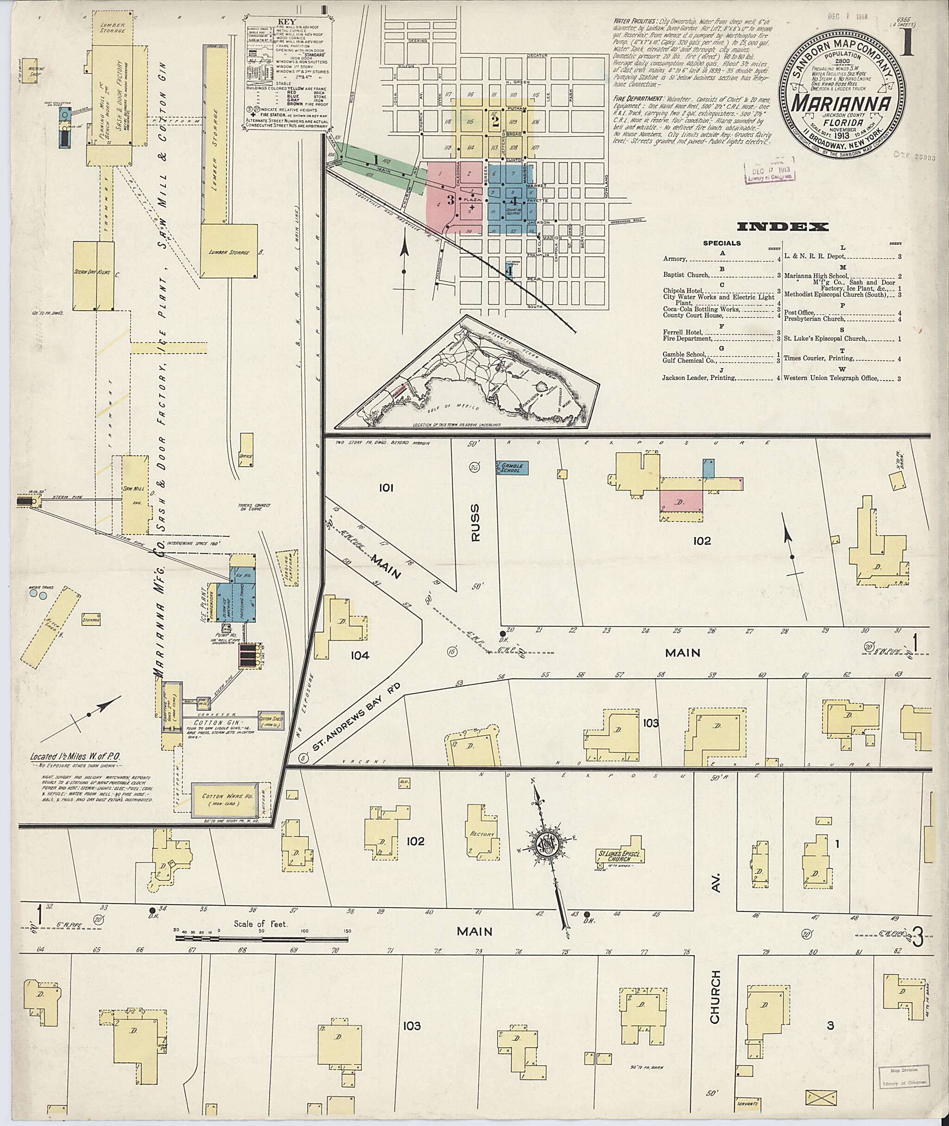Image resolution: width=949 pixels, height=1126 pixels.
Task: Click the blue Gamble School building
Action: coord(511,468)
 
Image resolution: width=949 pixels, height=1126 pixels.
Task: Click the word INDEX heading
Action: coord(782,227)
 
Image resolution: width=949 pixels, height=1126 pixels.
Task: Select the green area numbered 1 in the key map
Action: coord(374,160)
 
